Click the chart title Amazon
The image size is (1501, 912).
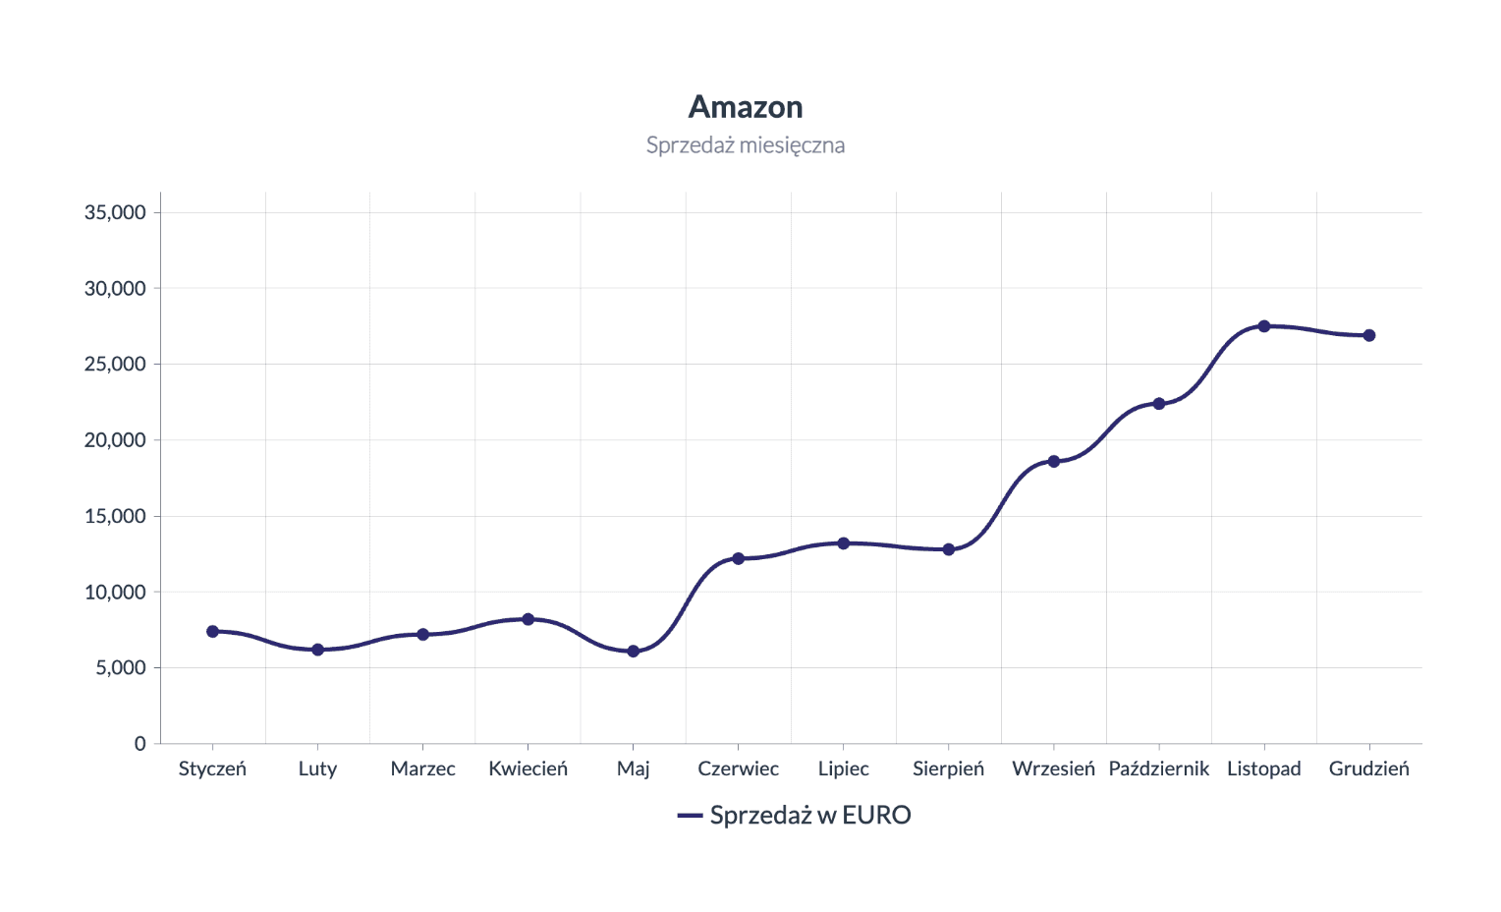tap(746, 106)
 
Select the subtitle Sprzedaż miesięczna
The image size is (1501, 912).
tap(746, 145)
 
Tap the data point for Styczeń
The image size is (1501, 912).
tap(212, 631)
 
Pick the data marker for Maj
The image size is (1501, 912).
tap(633, 651)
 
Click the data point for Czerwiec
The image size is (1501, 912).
tap(738, 558)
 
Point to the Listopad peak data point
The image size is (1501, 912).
tap(1263, 326)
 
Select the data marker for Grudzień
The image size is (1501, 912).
tap(1368, 335)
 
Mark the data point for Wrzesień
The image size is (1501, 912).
tap(1053, 461)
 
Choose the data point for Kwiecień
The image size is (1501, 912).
tap(528, 619)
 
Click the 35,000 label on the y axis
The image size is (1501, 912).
tap(115, 212)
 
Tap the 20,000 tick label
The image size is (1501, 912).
tap(115, 440)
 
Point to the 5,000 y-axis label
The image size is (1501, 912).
tap(120, 667)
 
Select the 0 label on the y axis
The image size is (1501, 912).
tap(140, 744)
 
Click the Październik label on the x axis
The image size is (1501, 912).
tap(1158, 769)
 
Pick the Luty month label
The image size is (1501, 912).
tap(317, 769)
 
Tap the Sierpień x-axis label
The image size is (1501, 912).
tap(948, 769)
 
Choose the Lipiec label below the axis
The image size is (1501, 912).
tap(843, 769)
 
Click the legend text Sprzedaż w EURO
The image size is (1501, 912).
tap(810, 815)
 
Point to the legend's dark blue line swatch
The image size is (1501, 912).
tap(690, 816)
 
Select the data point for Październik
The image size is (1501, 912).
tap(1158, 404)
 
